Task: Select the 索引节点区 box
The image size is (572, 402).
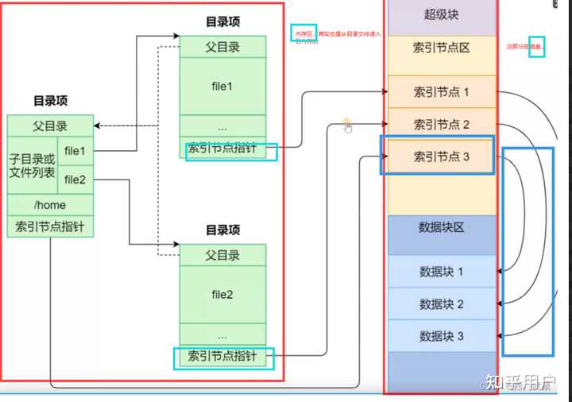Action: (441, 48)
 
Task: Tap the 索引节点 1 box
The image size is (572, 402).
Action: (441, 92)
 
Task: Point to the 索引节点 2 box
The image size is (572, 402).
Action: (441, 125)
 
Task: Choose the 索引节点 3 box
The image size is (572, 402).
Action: (441, 157)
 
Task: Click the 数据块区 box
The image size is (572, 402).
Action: (441, 228)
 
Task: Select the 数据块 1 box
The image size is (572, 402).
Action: (441, 272)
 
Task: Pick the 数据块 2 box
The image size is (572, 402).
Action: (441, 304)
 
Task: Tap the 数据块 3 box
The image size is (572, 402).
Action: (441, 336)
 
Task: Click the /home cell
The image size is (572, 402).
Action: (50, 205)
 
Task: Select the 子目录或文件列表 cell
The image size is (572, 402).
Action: (32, 164)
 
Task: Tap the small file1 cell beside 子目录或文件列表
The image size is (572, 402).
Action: (75, 150)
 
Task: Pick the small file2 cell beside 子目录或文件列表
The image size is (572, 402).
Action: (75, 180)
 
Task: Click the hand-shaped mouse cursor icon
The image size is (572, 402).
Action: (347, 125)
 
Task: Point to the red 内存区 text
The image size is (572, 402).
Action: (303, 34)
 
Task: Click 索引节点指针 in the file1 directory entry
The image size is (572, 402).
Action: (222, 149)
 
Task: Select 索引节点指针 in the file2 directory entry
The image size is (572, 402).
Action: (222, 357)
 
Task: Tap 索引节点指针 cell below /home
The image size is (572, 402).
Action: (50, 226)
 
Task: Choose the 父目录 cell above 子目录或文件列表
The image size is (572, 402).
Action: (50, 126)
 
